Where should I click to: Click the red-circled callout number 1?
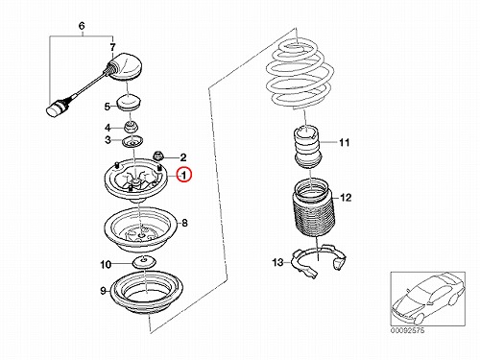pos(184,175)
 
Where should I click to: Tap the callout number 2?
pos(183,157)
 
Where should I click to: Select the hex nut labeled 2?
pos(159,156)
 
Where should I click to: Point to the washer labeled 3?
pos(132,141)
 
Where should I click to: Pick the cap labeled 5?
pos(130,102)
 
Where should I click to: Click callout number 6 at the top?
pos(82,26)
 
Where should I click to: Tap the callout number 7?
pos(112,48)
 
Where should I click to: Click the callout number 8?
pos(184,223)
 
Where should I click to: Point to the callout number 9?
pos(103,291)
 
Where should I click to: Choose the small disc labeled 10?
pos(144,262)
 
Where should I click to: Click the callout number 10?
pos(106,265)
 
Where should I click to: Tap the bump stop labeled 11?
pos(307,148)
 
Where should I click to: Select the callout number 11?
pos(344,142)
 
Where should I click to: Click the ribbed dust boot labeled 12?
pos(312,209)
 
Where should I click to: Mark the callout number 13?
pos(277,262)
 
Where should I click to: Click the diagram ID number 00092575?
pos(407,330)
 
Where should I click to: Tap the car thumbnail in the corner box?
pos(427,299)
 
